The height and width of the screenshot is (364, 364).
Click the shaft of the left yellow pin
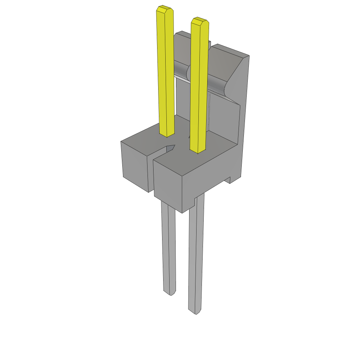click(166, 71)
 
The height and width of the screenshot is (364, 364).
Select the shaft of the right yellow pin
click(199, 85)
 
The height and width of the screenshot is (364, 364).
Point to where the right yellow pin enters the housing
click(198, 151)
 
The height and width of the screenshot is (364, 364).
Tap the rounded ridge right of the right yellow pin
click(217, 85)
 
